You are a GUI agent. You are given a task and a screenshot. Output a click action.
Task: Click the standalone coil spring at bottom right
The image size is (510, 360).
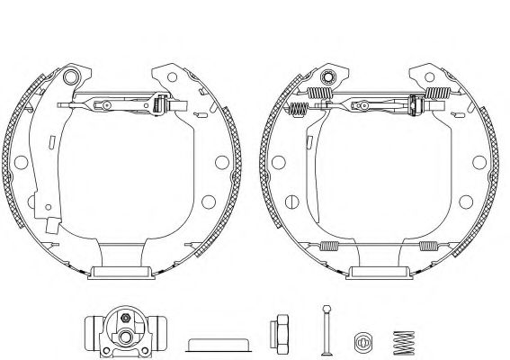[403, 341]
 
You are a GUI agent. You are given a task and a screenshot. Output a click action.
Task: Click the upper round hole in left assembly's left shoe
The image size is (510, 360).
[19, 162]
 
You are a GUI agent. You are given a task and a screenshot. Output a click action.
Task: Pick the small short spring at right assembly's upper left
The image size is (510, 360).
[299, 110]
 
